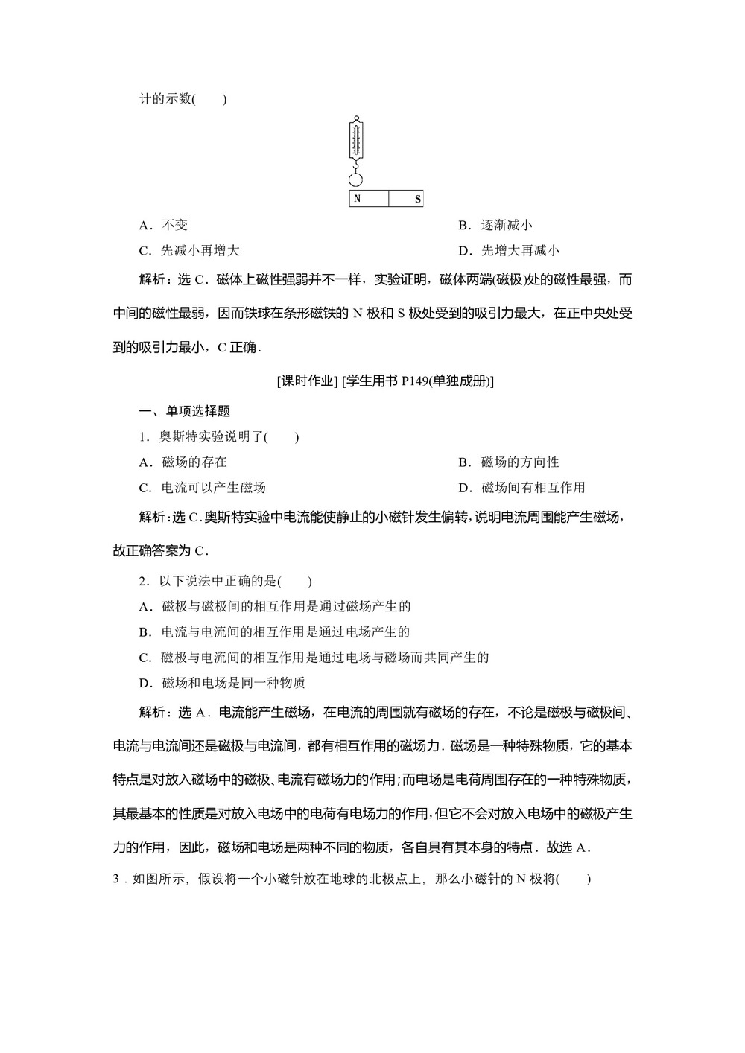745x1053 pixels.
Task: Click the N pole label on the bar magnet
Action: click(x=358, y=199)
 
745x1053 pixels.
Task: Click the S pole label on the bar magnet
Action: click(x=417, y=199)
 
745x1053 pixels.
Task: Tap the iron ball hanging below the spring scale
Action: click(x=356, y=179)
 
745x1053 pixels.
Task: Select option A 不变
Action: click(x=164, y=225)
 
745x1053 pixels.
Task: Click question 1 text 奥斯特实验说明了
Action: click(x=213, y=437)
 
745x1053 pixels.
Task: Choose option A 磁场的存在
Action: click(x=183, y=462)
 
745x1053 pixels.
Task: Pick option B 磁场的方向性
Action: click(x=508, y=462)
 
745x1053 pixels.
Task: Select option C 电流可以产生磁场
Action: click(x=202, y=488)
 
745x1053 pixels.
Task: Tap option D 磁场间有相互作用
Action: click(x=521, y=488)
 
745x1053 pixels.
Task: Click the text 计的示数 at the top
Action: click(x=165, y=99)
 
